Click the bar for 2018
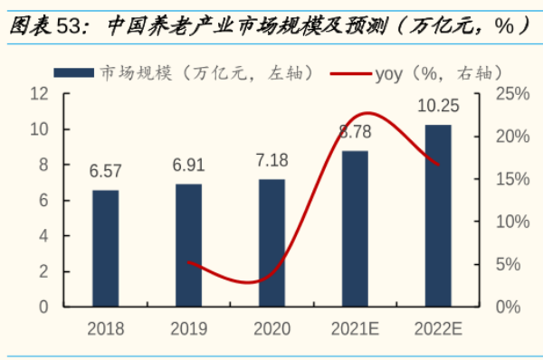(x=106, y=248)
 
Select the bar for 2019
(x=188, y=245)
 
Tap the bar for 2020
(x=271, y=242)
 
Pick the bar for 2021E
(x=355, y=228)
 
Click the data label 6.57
(x=106, y=171)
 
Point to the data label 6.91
(x=189, y=166)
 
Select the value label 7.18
(x=271, y=160)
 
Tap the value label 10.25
(x=438, y=107)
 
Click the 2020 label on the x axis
(x=271, y=328)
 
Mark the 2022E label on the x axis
(x=438, y=328)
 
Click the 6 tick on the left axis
(x=43, y=201)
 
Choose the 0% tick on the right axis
(x=509, y=307)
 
